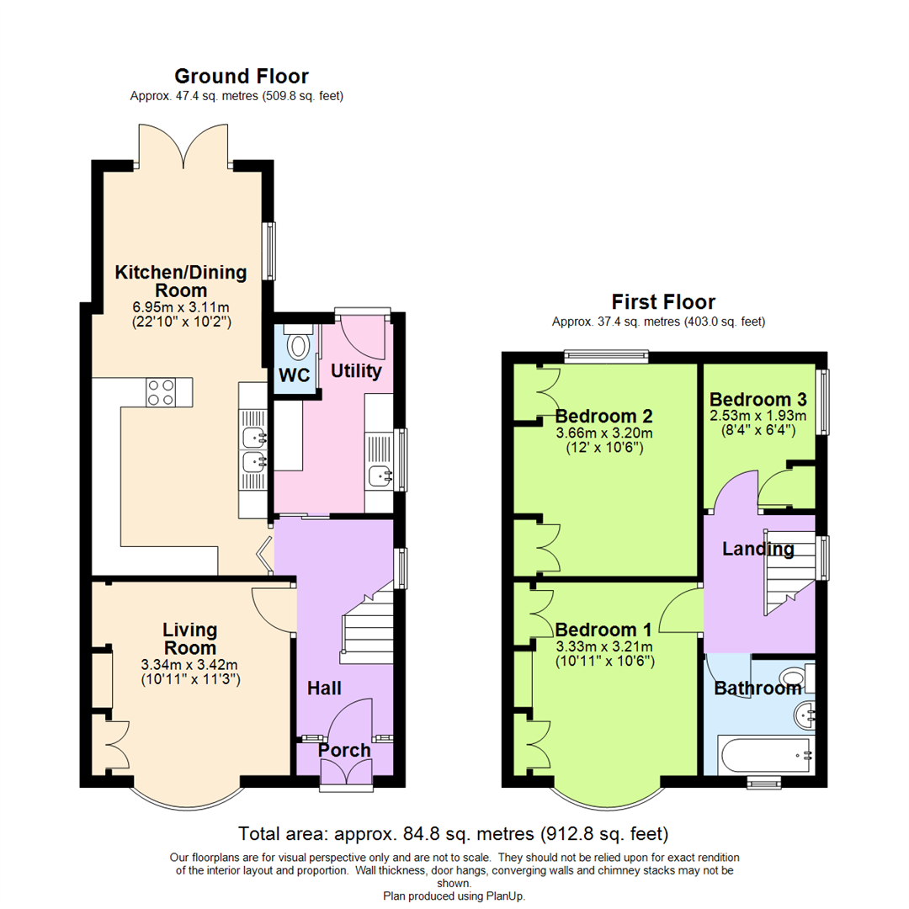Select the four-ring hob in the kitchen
[161, 391]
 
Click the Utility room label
[356, 370]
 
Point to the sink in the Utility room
[380, 476]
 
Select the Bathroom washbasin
[804, 715]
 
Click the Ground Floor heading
[241, 77]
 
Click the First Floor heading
[663, 301]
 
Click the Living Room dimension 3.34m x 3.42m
[189, 664]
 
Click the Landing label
[758, 550]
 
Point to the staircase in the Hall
[369, 623]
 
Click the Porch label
[345, 750]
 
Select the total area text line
[454, 834]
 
